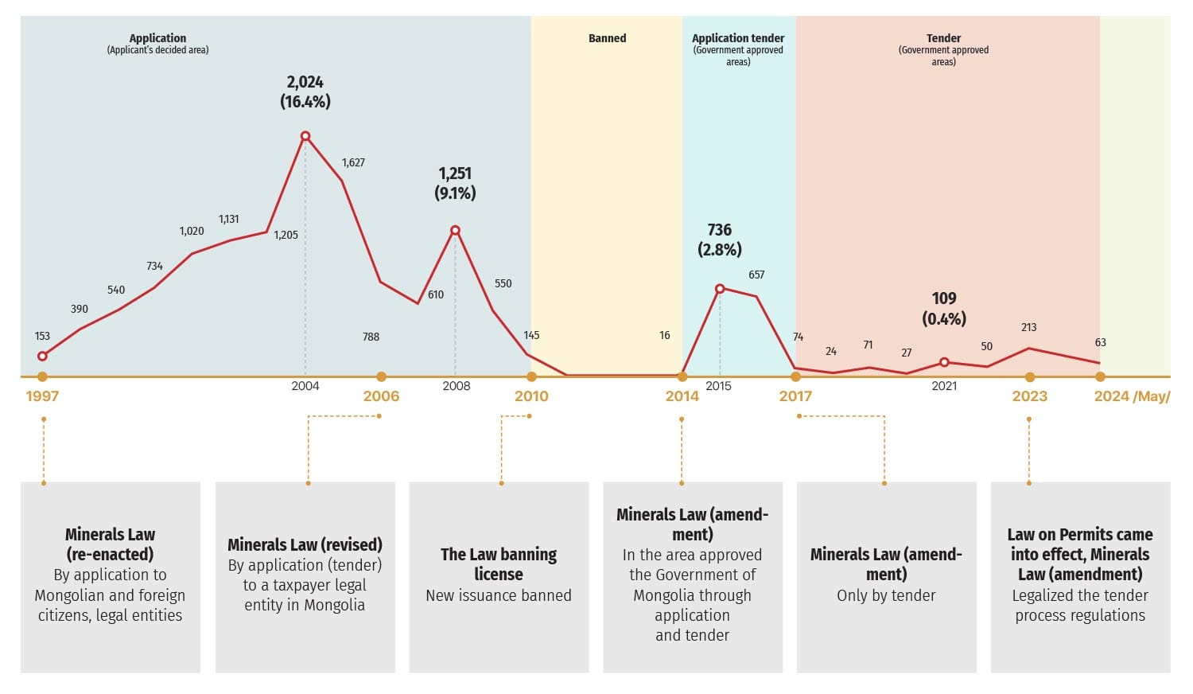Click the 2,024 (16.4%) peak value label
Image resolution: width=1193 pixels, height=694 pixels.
(305, 92)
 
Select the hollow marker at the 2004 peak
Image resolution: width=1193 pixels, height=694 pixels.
(305, 136)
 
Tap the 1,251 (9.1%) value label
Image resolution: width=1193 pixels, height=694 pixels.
(455, 183)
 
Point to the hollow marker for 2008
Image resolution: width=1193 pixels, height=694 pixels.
(455, 231)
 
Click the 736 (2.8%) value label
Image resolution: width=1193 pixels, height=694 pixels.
(720, 240)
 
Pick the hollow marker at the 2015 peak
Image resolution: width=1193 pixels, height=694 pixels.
(720, 289)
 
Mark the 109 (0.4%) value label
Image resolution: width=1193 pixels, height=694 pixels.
(944, 308)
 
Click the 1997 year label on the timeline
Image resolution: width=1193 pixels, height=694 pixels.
(42, 396)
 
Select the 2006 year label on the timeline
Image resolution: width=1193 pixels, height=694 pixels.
(381, 396)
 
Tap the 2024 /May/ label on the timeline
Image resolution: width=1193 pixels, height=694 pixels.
(1131, 396)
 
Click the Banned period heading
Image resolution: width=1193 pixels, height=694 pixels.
(607, 38)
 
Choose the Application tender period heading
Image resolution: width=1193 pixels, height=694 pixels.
(738, 38)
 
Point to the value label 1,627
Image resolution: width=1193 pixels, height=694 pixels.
(353, 162)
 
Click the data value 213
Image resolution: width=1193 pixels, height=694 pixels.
(1028, 327)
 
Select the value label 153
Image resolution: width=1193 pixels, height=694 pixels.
(42, 336)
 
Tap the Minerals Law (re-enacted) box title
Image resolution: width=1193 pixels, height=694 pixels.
(111, 544)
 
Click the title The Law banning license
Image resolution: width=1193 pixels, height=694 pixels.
(499, 564)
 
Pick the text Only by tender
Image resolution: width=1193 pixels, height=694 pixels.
(886, 595)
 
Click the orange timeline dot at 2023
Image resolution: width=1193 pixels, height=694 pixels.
(1030, 377)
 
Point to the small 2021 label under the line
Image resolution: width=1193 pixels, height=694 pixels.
(944, 386)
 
